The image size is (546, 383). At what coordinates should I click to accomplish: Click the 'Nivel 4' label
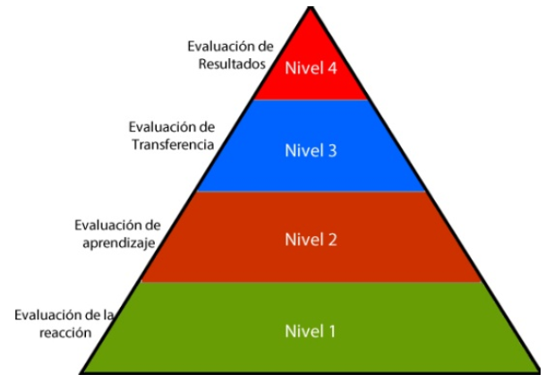click(311, 69)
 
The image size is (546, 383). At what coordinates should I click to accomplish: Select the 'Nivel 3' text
click(311, 150)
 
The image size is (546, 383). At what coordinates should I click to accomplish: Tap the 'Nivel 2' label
click(311, 239)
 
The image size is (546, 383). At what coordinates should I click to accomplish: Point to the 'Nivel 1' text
click(311, 331)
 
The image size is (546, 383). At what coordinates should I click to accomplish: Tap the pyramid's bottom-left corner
click(81, 371)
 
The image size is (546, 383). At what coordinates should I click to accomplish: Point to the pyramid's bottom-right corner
click(540, 371)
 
